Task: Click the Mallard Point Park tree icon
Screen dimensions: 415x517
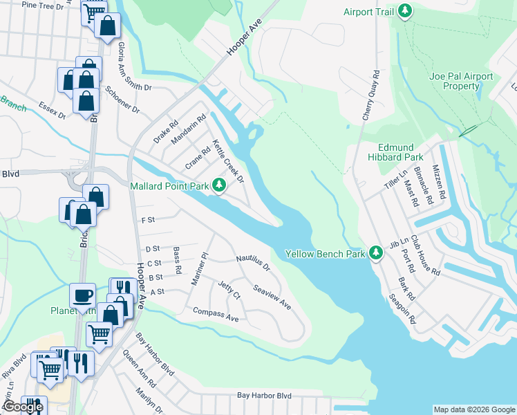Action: click(219, 185)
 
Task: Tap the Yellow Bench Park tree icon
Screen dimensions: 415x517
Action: click(376, 253)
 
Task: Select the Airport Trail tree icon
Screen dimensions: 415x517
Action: click(405, 12)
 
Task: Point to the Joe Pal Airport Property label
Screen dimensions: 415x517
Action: click(461, 81)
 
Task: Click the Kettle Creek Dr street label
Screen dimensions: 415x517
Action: click(229, 161)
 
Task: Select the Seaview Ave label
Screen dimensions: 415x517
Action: click(272, 297)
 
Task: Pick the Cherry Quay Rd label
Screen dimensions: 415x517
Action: click(371, 95)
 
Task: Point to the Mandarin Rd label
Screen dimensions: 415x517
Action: click(189, 129)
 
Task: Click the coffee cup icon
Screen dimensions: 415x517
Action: click(82, 295)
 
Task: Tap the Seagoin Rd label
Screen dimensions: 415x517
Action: click(422, 308)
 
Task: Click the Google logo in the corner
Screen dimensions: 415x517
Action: click(23, 407)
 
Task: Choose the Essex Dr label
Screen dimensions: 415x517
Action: click(52, 109)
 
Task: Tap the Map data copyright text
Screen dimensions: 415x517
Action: click(473, 409)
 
